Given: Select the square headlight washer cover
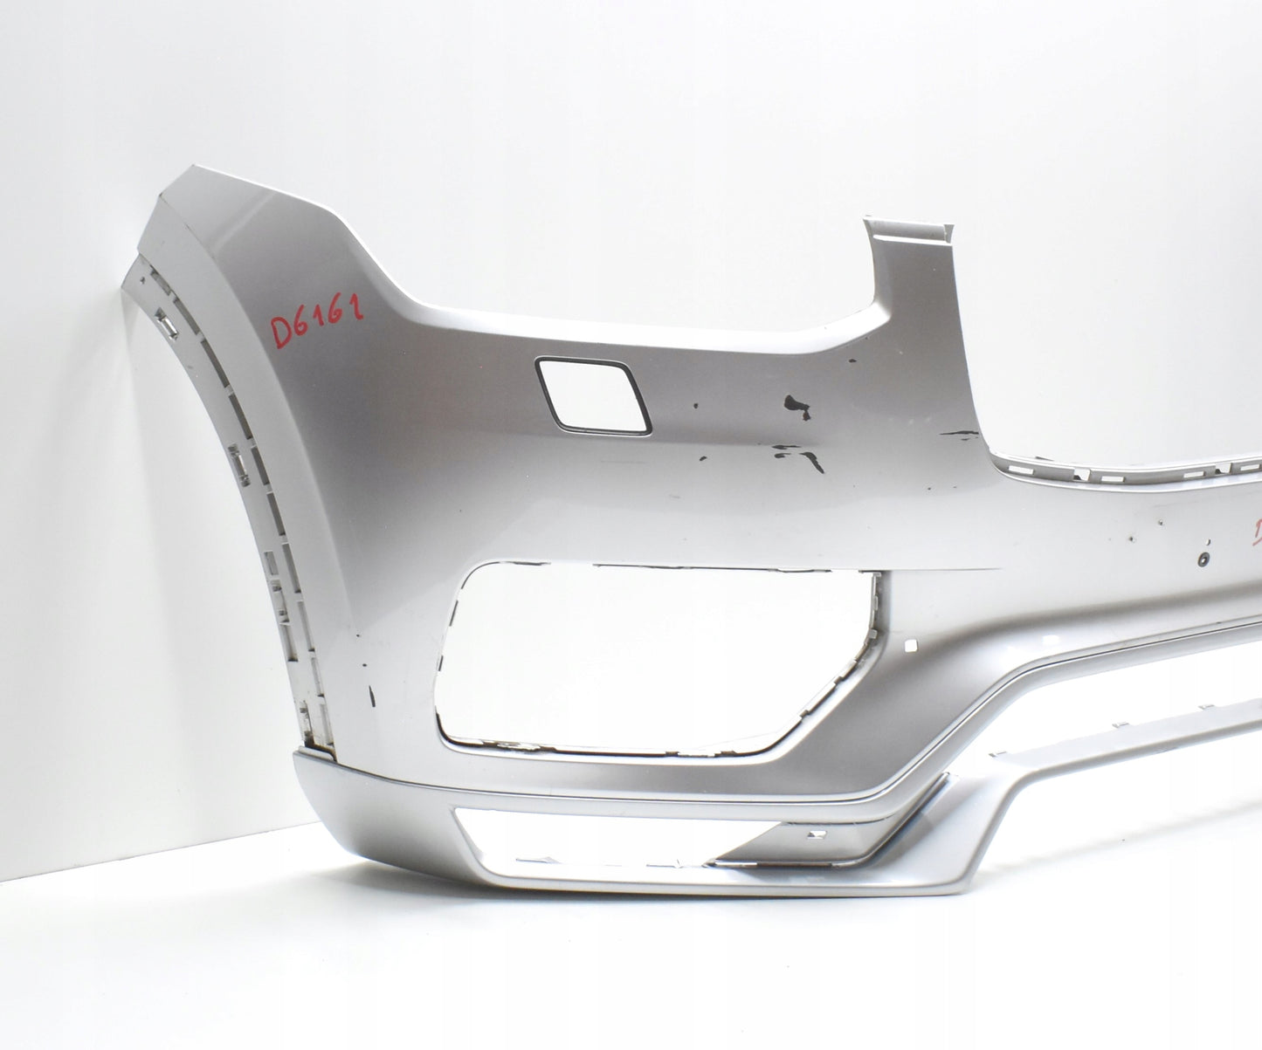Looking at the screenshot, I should coord(594,394).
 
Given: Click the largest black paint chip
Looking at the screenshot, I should coord(797,403).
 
